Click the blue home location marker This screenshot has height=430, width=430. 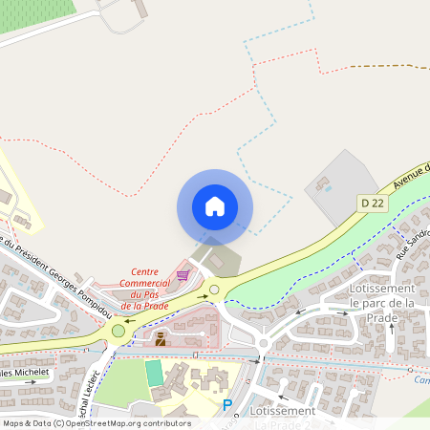point(214,206)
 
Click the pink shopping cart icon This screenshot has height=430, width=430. point(182,275)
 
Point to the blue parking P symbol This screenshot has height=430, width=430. point(227,406)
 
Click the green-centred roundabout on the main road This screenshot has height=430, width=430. point(118,331)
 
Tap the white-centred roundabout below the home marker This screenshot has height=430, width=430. point(214,290)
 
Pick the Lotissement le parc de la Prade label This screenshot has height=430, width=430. point(381,303)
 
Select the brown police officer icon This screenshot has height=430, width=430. point(161,337)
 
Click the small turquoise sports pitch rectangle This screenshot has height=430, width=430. point(154,373)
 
